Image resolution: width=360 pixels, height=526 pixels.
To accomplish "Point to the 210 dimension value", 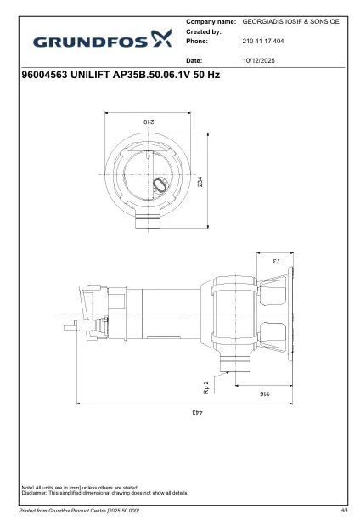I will pos(157,122).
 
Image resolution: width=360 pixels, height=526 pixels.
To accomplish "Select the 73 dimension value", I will pos(275,261).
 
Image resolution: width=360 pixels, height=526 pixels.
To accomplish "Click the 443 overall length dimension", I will pos(195,413).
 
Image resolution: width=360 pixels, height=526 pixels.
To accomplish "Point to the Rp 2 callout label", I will pos(206,387).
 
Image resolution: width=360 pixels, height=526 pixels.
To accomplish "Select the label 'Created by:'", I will pos(204,30).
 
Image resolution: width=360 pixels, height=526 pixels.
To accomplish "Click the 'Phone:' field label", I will pos(197,40).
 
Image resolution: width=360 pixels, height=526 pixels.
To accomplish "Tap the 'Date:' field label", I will pos(194,61).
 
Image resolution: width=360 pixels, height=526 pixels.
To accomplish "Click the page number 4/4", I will pos(344,511).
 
